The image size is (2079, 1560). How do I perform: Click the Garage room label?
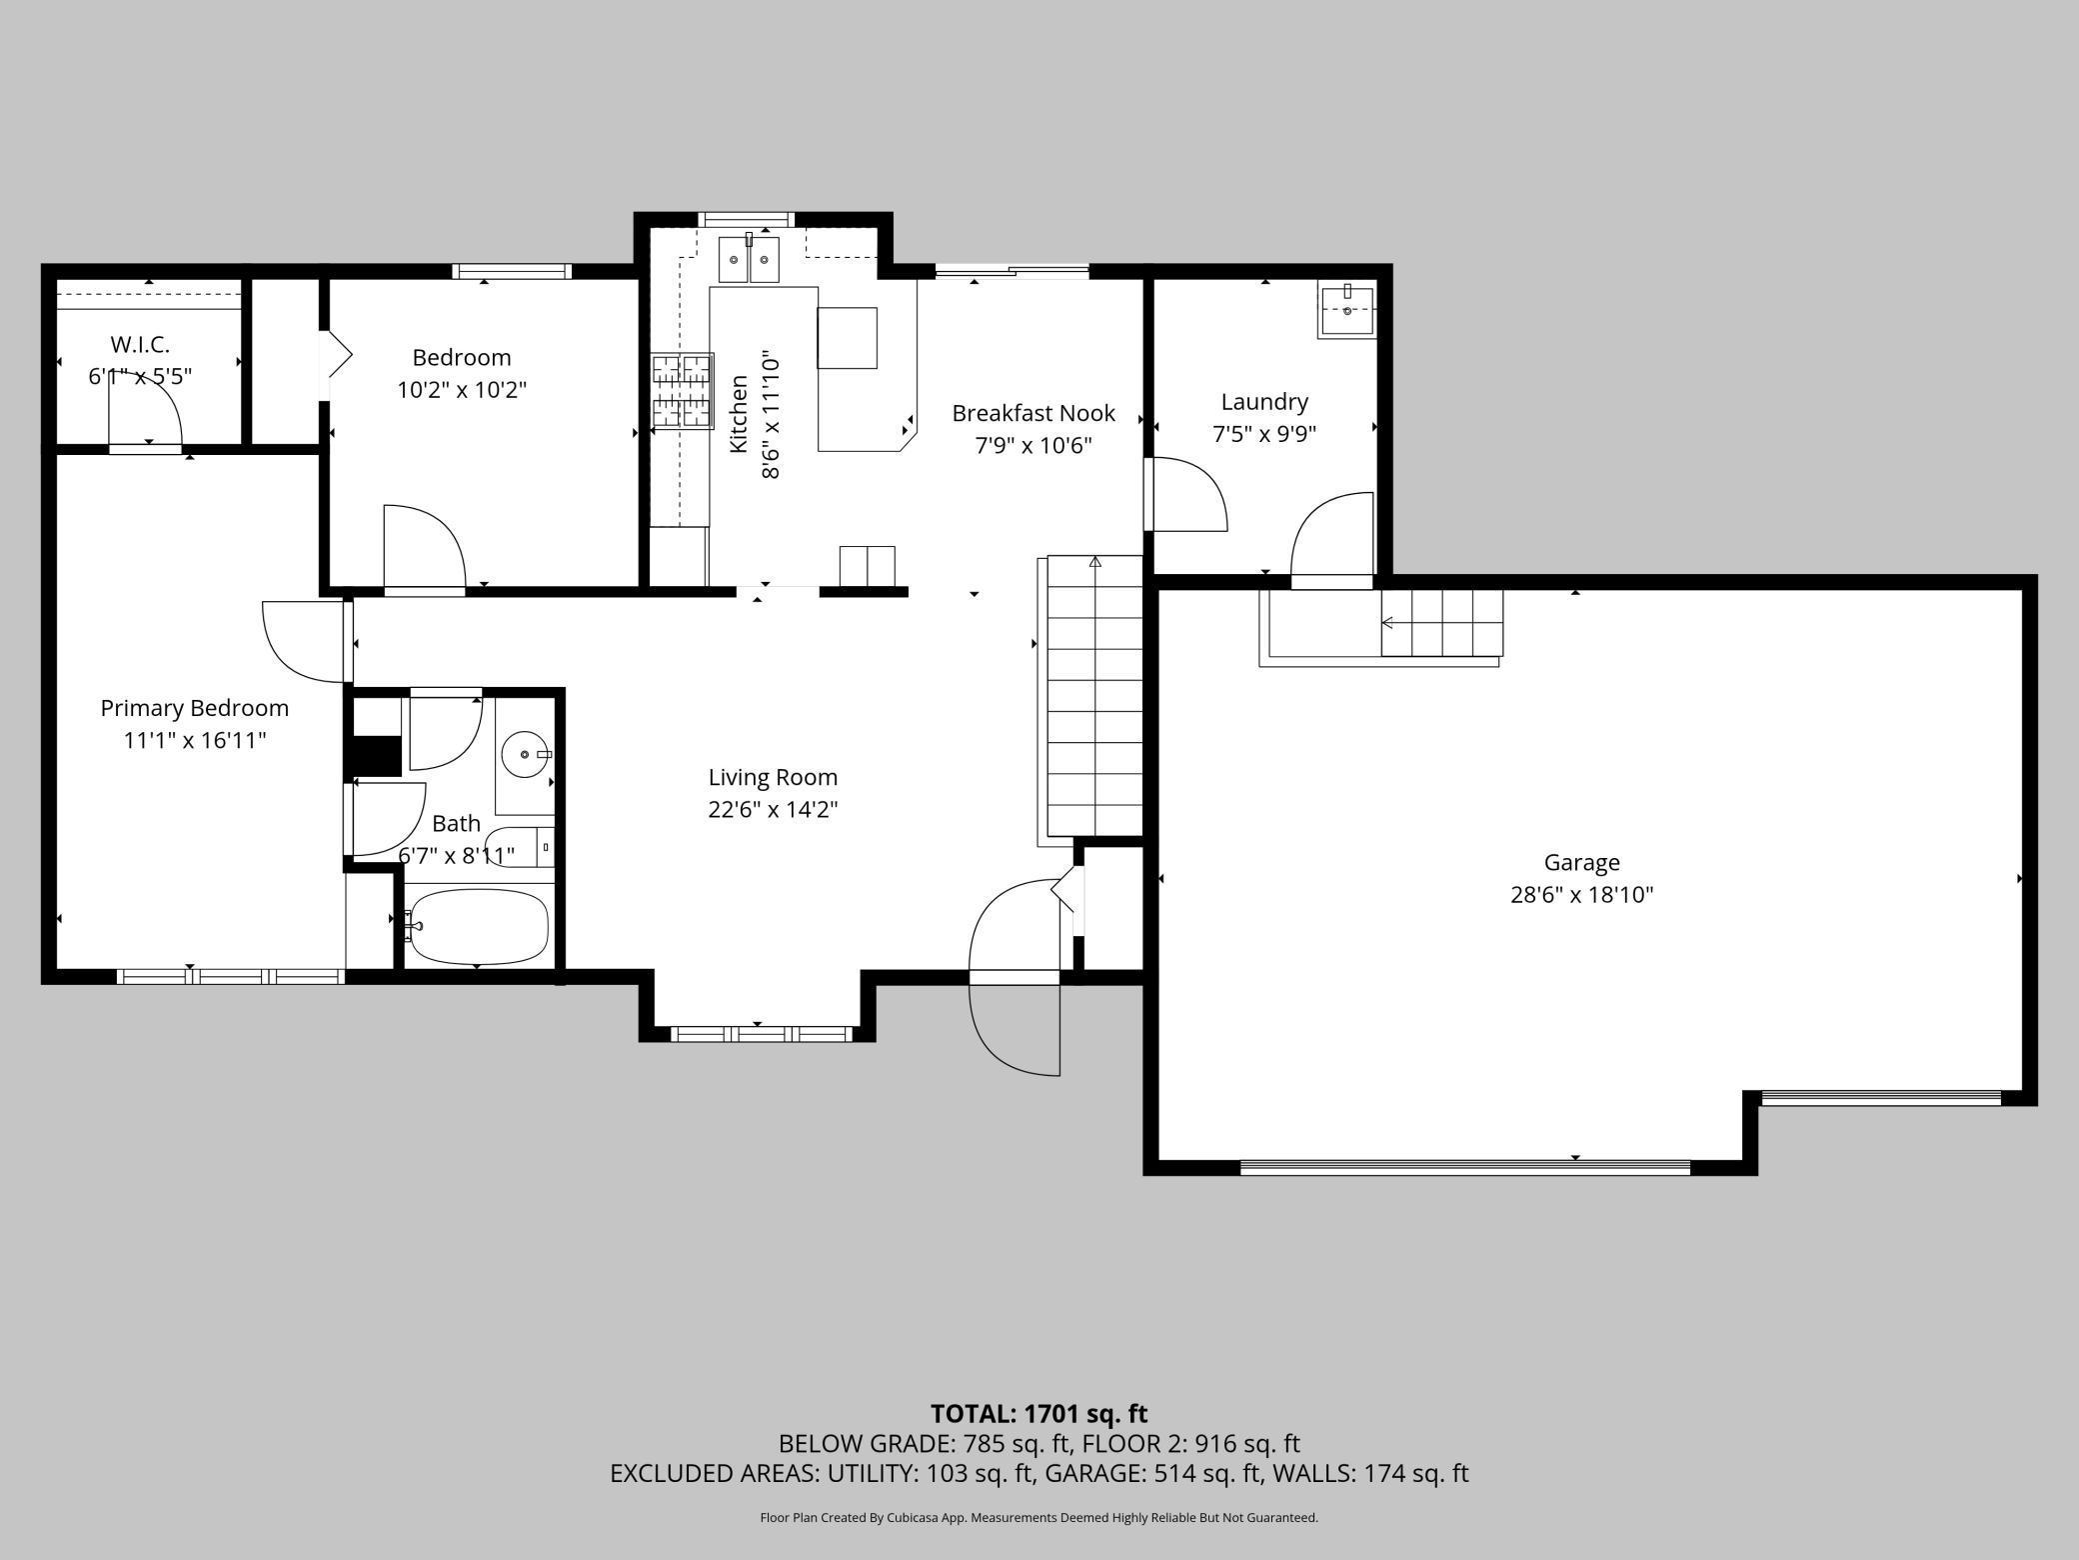point(1581,862)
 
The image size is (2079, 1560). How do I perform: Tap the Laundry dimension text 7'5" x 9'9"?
point(1264,434)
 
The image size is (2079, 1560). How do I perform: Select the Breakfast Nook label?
point(1033,413)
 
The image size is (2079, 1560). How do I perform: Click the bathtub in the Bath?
point(478,926)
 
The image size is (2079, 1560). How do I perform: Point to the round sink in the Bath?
point(523,754)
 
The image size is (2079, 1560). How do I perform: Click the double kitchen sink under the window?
point(749,262)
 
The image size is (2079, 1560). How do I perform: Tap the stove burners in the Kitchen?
point(682,390)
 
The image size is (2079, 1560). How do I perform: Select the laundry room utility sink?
point(1346,310)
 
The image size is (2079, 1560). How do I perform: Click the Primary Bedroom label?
point(194,708)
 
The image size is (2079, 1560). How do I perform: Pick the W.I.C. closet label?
point(140,344)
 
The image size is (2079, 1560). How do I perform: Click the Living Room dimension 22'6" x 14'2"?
point(773,809)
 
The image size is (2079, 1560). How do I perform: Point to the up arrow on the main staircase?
point(1094,563)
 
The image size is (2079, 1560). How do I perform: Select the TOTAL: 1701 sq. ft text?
point(1039,1414)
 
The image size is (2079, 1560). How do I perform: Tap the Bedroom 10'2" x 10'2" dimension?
point(462,389)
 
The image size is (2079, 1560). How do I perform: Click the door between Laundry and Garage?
point(1333,535)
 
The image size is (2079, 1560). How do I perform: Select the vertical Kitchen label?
point(739,413)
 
